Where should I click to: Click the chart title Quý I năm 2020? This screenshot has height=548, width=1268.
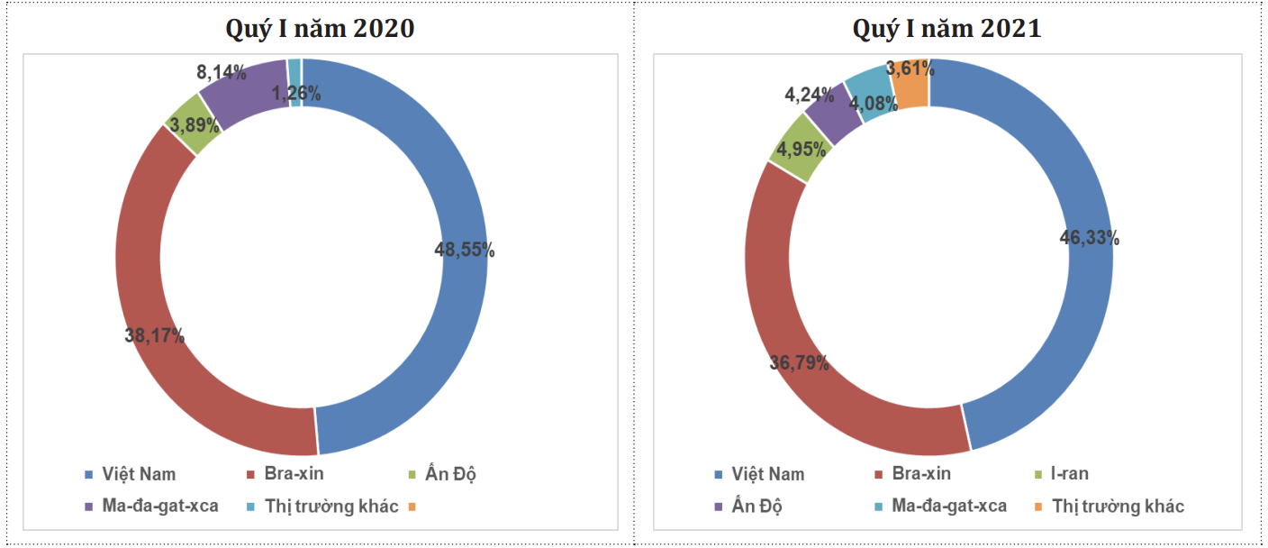pos(319,29)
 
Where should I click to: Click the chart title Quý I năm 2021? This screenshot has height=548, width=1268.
pos(946,29)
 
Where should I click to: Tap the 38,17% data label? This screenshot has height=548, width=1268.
pos(154,336)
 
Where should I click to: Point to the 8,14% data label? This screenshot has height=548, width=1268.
pos(222,73)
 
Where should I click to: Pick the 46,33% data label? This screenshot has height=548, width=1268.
pos(1090,238)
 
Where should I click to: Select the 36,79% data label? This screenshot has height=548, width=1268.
pos(799,363)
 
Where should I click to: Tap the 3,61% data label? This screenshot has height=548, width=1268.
pos(908,68)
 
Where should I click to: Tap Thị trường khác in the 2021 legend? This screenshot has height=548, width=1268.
pos(1118,506)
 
